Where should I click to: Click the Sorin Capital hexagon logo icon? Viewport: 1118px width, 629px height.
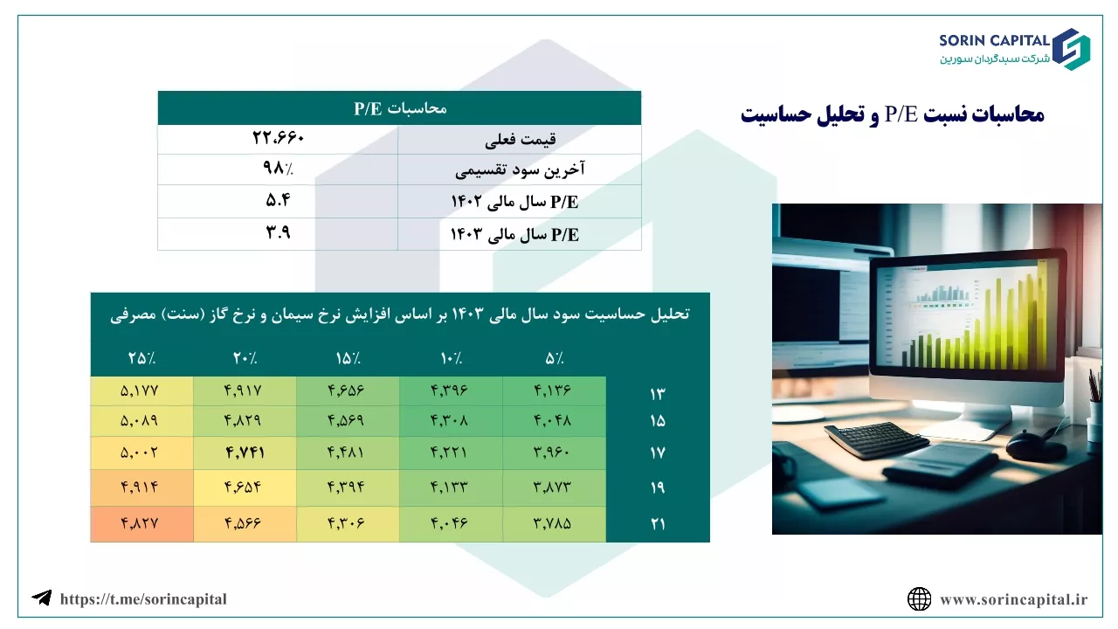[1071, 49]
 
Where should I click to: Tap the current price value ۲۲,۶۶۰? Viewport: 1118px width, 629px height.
[278, 137]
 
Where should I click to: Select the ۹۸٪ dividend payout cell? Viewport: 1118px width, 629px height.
[278, 169]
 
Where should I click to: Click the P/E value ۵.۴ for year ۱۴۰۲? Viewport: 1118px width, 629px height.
[278, 200]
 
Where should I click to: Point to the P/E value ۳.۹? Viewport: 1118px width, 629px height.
[278, 232]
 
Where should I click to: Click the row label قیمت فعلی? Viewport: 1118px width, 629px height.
[520, 140]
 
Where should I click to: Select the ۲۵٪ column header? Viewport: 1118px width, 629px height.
[141, 358]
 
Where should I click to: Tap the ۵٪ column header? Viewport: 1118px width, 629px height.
[554, 358]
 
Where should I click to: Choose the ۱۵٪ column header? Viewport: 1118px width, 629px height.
[348, 358]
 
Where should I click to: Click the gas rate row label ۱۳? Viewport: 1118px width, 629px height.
[658, 394]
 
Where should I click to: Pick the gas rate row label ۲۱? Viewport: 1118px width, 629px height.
[658, 523]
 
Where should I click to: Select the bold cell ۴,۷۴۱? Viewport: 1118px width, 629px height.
[245, 453]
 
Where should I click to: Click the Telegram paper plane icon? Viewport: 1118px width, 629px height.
[42, 598]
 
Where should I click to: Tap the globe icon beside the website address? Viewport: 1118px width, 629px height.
[920, 599]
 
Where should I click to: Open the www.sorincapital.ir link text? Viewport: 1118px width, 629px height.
[1014, 599]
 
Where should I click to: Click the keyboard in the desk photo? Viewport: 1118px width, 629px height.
[876, 439]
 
